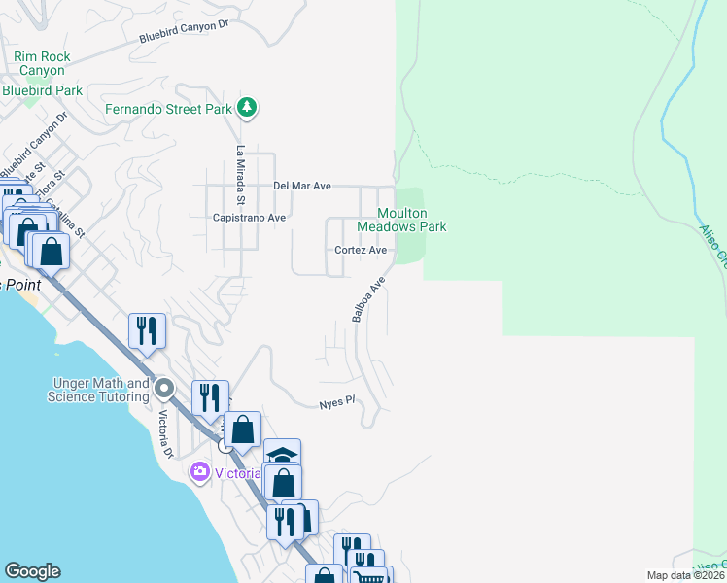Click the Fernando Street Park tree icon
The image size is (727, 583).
click(247, 108)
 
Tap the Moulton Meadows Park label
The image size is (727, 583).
click(401, 220)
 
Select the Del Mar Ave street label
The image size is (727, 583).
click(302, 186)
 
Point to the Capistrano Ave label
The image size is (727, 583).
click(249, 218)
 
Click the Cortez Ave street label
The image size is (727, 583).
click(361, 250)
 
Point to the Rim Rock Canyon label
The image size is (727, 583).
click(41, 64)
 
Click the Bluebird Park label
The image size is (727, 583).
click(42, 90)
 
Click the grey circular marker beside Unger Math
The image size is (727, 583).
click(164, 390)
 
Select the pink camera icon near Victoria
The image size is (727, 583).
click(200, 472)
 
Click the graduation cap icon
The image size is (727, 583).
click(283, 455)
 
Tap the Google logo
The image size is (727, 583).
click(32, 571)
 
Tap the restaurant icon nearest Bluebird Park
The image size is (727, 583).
click(147, 330)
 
